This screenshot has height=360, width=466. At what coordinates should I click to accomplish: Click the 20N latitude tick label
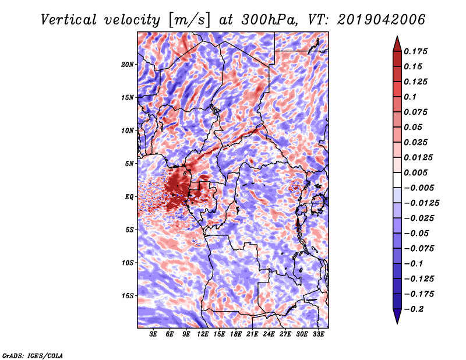click(x=128, y=65)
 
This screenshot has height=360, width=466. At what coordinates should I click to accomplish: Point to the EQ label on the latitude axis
click(x=129, y=197)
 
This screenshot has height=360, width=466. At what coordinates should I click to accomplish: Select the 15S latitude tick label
click(x=128, y=296)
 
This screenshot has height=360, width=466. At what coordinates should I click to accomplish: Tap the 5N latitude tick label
click(x=129, y=164)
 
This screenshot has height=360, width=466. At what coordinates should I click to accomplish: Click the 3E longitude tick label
click(x=153, y=334)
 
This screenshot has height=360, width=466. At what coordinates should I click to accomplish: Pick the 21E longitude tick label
click(x=252, y=334)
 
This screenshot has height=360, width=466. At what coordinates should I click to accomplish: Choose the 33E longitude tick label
click(x=318, y=334)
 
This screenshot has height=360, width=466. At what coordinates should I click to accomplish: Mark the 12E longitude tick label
click(x=202, y=334)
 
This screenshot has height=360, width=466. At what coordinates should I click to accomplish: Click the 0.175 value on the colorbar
click(x=415, y=51)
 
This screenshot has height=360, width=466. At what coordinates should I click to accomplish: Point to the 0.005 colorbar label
click(x=415, y=172)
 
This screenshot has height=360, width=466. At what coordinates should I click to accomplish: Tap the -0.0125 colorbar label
click(x=421, y=203)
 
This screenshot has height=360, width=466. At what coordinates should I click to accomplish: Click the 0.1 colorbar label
click(x=410, y=97)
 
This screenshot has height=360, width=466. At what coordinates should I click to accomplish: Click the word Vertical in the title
click(x=69, y=20)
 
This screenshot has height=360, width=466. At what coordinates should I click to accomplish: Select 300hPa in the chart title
click(x=269, y=20)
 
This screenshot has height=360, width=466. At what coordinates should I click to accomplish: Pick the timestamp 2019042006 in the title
click(x=382, y=20)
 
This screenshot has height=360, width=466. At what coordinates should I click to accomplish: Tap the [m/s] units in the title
click(x=189, y=20)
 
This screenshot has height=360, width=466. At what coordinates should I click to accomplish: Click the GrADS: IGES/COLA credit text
click(x=33, y=355)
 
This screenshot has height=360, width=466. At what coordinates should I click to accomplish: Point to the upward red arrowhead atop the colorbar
click(x=397, y=44)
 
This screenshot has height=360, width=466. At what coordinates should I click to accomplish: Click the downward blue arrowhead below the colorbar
click(x=397, y=316)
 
